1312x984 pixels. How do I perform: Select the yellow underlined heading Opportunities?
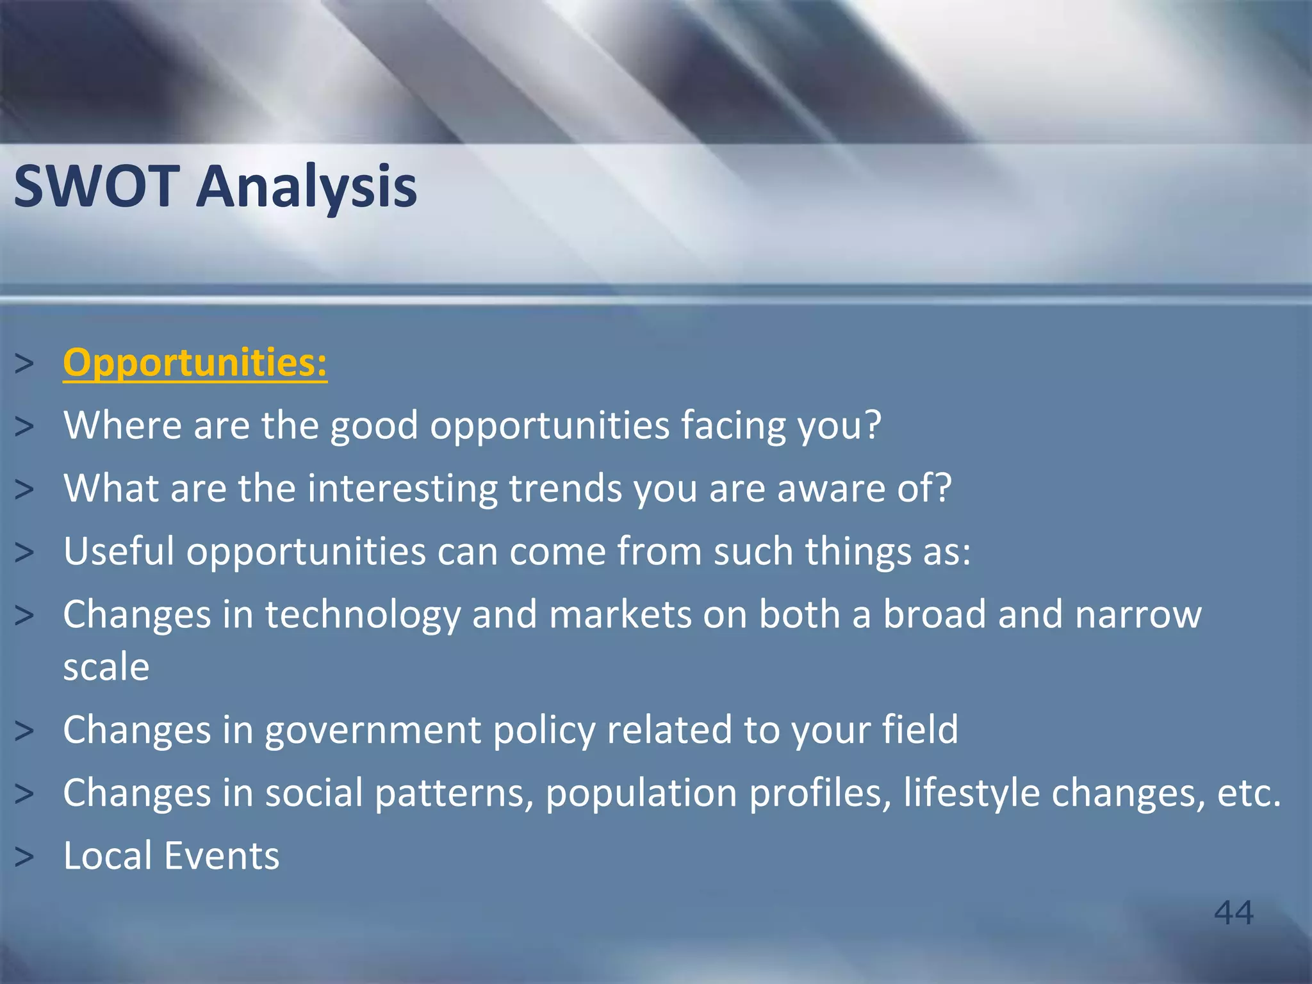point(195,363)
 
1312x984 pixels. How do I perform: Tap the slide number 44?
point(1233,912)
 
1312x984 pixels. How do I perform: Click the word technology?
point(363,615)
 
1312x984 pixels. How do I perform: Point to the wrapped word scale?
point(106,668)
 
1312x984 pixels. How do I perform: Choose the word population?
point(641,793)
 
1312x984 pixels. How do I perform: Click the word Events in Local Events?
point(221,856)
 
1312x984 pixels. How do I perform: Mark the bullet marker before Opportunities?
point(24,364)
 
